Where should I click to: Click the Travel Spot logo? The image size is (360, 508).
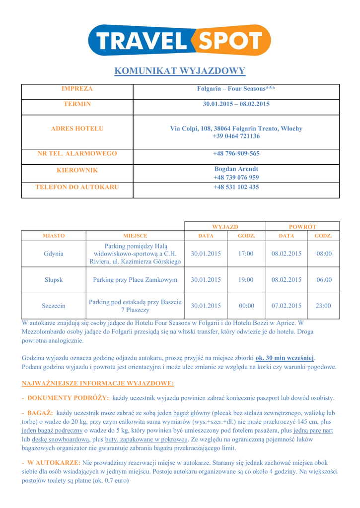tap(179, 40)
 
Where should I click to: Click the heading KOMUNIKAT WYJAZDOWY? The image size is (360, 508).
tap(180, 71)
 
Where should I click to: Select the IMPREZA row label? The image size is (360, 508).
tap(77, 89)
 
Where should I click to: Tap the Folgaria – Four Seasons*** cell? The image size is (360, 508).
tap(236, 89)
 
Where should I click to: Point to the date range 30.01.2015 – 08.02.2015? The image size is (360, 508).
tap(236, 104)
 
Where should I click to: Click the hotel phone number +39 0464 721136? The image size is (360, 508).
tap(236, 136)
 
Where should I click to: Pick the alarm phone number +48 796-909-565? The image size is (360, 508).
tap(236, 153)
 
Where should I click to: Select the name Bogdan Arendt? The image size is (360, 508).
tap(236, 169)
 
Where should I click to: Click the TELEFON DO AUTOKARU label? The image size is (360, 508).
tap(77, 187)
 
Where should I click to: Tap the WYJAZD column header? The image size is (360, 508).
tap(225, 226)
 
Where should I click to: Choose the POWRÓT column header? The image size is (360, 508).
tap(302, 226)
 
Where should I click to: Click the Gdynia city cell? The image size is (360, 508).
tap(54, 254)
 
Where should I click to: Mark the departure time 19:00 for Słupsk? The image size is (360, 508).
tap(246, 280)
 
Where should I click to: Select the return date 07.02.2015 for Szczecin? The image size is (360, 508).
tap(287, 306)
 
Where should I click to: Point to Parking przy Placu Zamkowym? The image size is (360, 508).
tap(135, 280)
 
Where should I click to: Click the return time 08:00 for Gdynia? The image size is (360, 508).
tap(324, 254)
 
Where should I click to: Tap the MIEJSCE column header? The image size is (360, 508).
tap(135, 236)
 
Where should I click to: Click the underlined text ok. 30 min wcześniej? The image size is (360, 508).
tap(285, 358)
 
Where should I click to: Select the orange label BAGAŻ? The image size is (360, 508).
tap(40, 413)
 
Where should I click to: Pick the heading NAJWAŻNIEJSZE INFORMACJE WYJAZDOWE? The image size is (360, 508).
tap(98, 383)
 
